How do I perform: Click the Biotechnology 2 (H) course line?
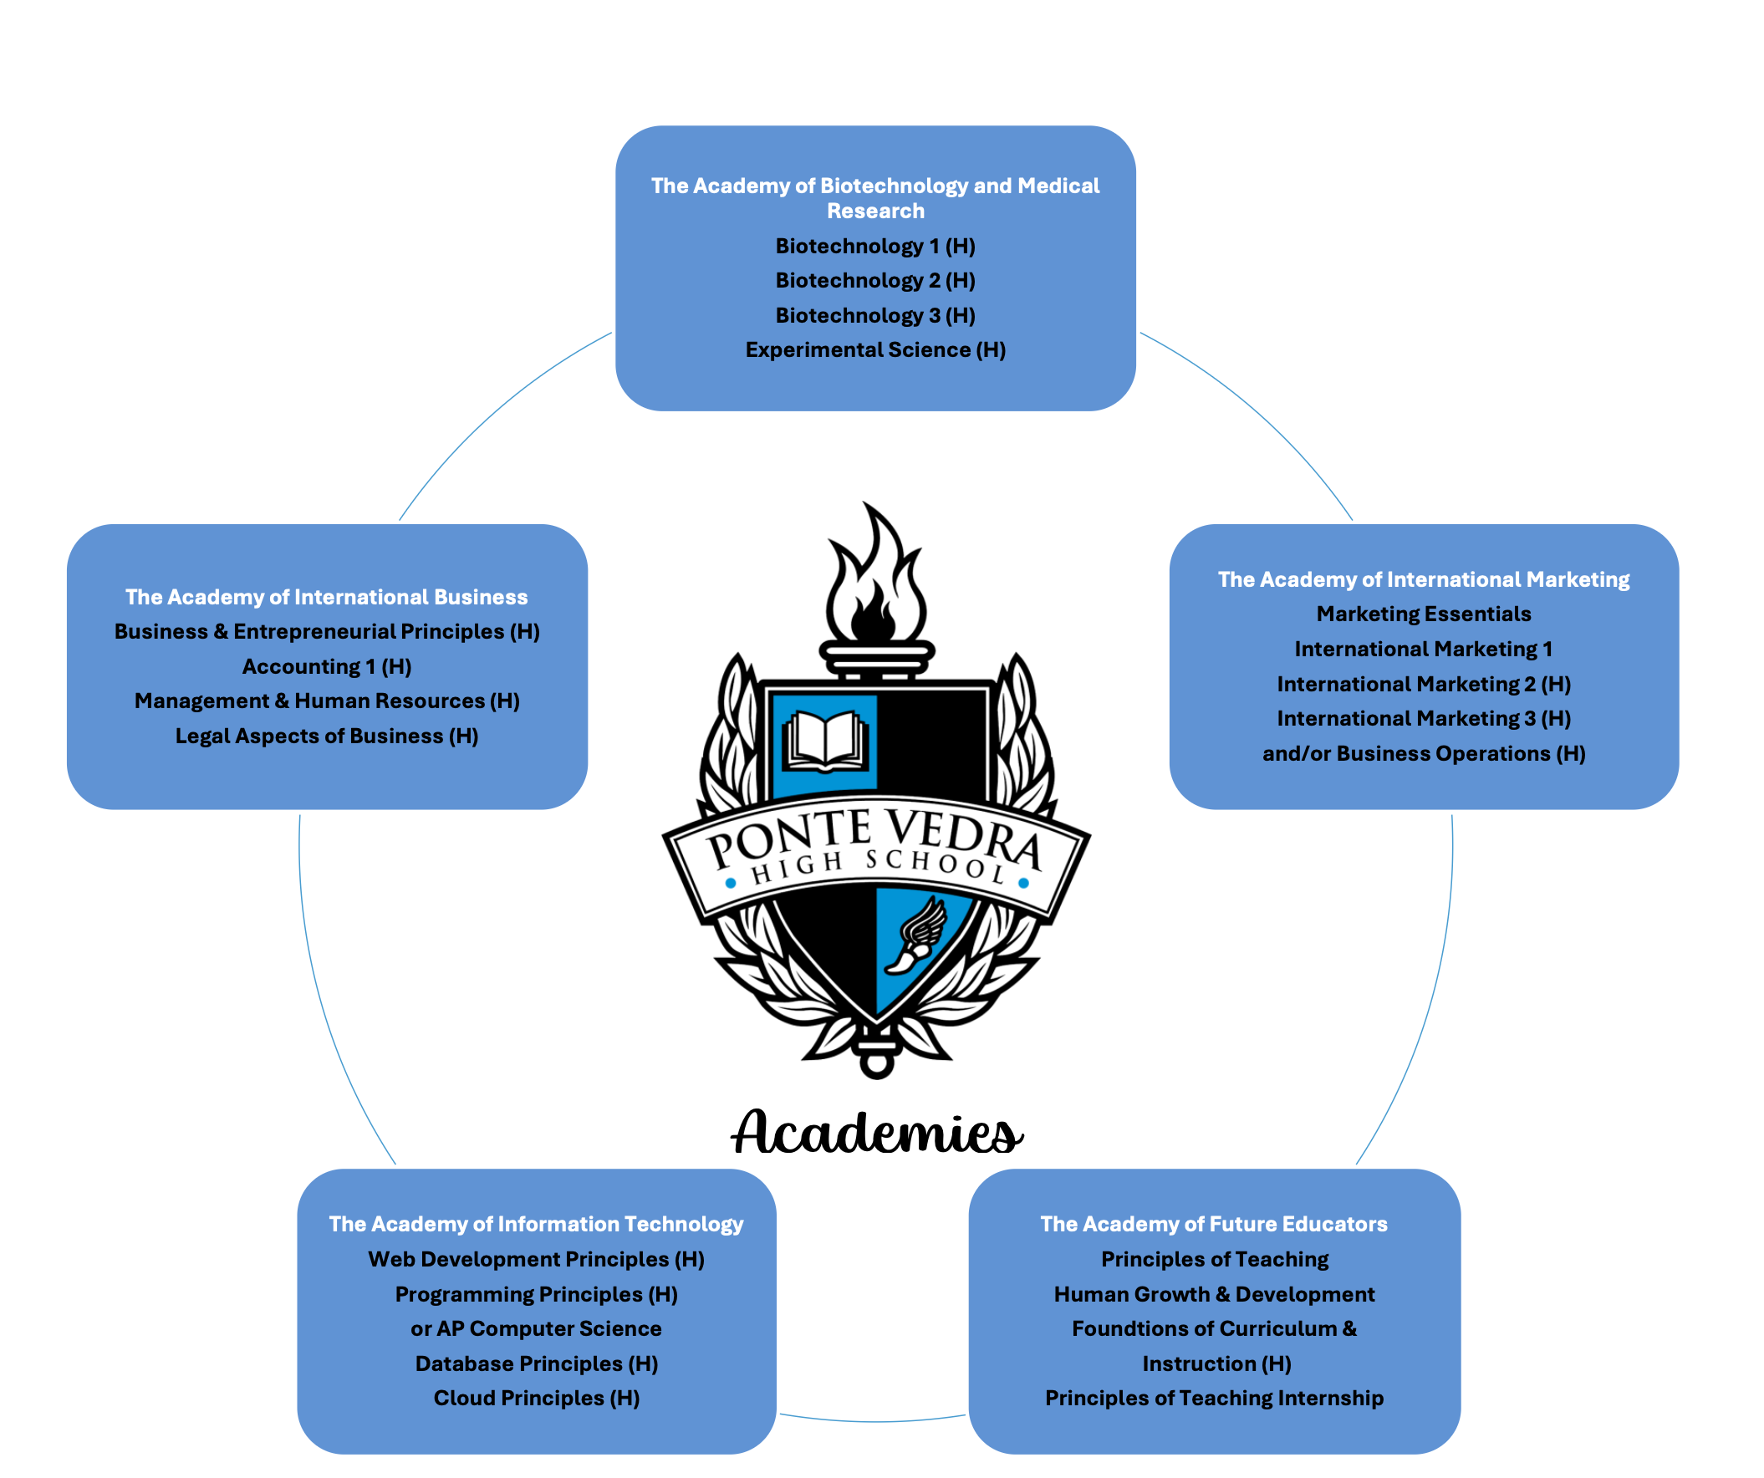[875, 281]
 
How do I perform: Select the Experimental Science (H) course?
[875, 350]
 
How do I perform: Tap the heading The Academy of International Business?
[327, 597]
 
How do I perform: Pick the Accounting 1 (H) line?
[327, 667]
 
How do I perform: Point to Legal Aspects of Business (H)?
[327, 736]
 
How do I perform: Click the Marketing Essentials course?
[1424, 614]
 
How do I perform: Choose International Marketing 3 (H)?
[1424, 719]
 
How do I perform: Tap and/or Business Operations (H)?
[1424, 754]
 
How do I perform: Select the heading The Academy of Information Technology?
[536, 1225]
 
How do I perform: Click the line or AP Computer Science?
[536, 1329]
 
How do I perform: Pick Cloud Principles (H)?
[536, 1399]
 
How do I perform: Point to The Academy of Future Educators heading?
[1214, 1225]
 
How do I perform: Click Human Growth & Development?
[1214, 1295]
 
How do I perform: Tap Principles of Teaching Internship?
[1214, 1399]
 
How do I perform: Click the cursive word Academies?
[877, 1134]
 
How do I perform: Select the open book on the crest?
[824, 741]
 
